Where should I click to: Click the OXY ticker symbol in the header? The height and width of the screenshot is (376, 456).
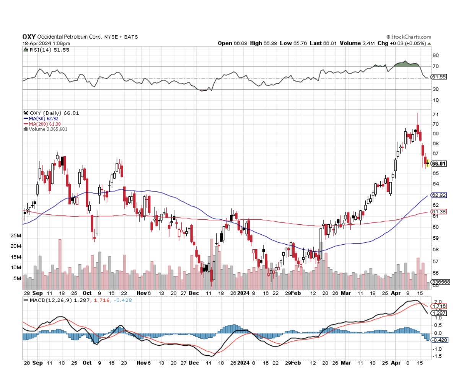pyautogui.click(x=29, y=37)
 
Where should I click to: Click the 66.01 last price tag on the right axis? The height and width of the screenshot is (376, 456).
pyautogui.click(x=439, y=164)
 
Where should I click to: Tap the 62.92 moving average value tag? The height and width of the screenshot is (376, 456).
pyautogui.click(x=439, y=195)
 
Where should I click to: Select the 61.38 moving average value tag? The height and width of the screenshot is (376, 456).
pyautogui.click(x=439, y=212)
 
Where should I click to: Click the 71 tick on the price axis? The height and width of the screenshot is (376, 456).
pyautogui.click(x=435, y=115)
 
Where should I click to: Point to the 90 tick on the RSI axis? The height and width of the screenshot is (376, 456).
pyautogui.click(x=435, y=55)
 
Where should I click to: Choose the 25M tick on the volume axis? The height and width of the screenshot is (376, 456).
pyautogui.click(x=16, y=235)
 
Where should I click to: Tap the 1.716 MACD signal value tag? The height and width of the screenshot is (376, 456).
pyautogui.click(x=438, y=307)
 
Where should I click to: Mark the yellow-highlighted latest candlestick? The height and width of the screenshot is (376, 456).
pyautogui.click(x=428, y=163)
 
